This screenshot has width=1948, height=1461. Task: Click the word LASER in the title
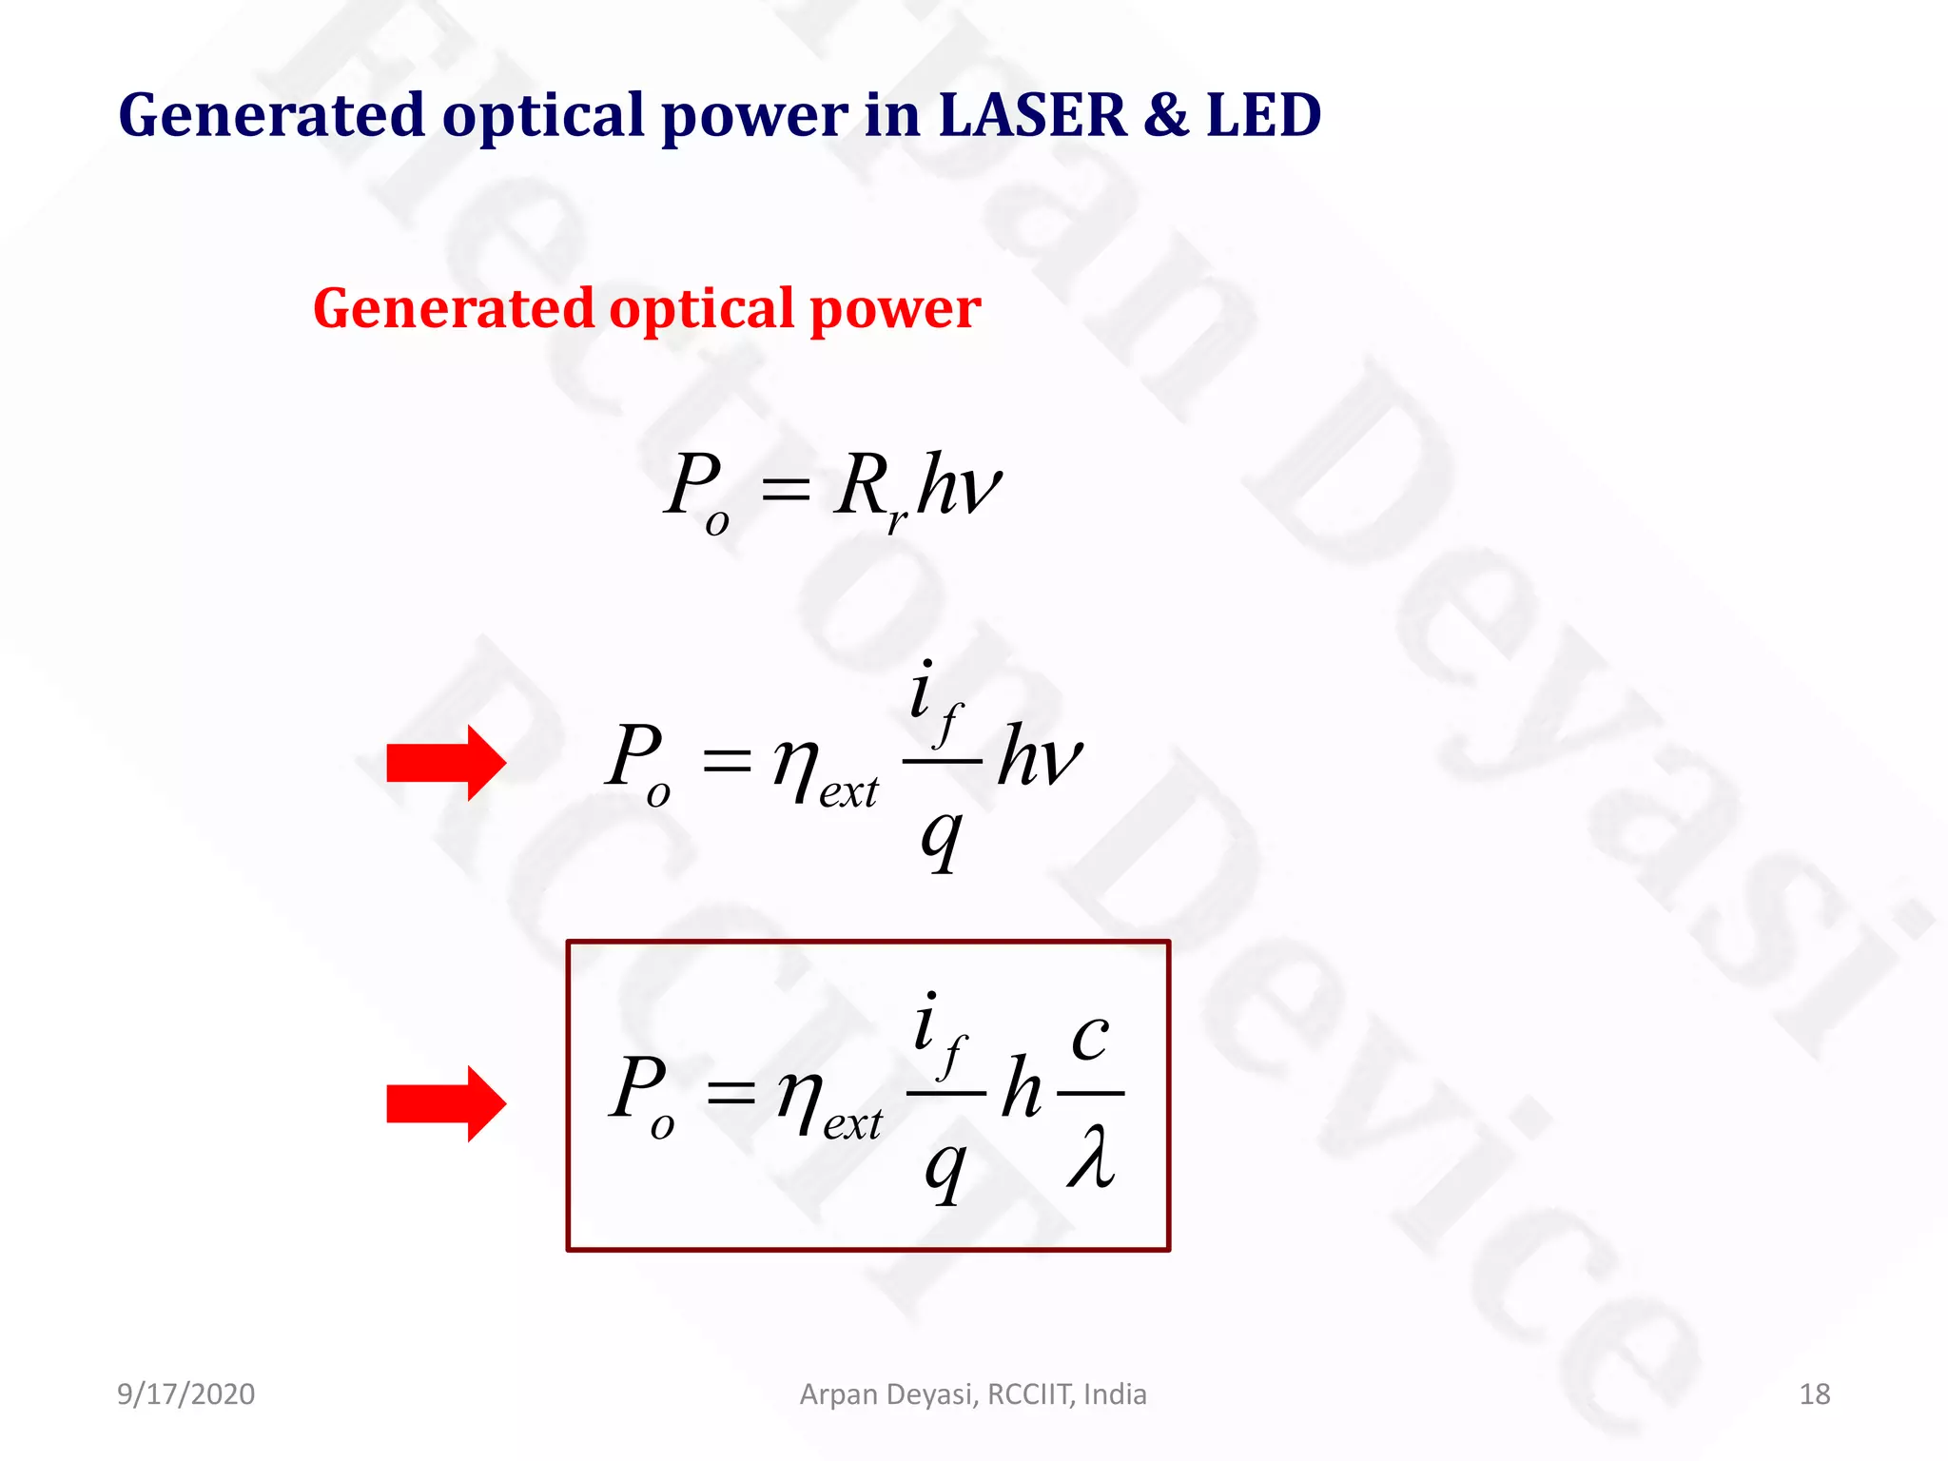tap(1031, 115)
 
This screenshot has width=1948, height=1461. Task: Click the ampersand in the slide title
tap(1166, 115)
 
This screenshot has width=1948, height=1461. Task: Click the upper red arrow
tap(445, 763)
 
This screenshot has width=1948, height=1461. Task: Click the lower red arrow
tap(445, 1103)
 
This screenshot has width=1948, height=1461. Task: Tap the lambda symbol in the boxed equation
tap(1090, 1156)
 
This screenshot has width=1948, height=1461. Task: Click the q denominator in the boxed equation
tap(945, 1168)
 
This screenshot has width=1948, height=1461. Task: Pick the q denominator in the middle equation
tap(941, 837)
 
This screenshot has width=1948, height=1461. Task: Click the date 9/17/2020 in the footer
tap(185, 1394)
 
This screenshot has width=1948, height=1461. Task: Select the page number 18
tap(1814, 1394)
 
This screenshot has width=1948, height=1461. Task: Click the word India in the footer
tap(1115, 1394)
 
